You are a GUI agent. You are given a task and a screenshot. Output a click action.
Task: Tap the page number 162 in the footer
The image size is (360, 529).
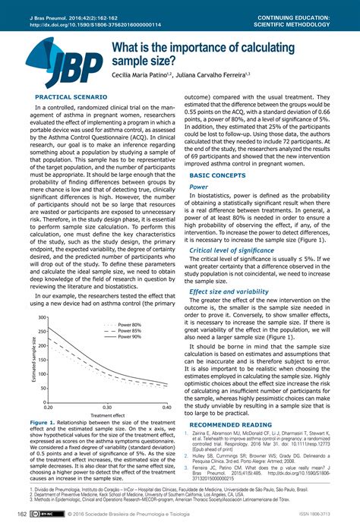click(11, 515)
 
